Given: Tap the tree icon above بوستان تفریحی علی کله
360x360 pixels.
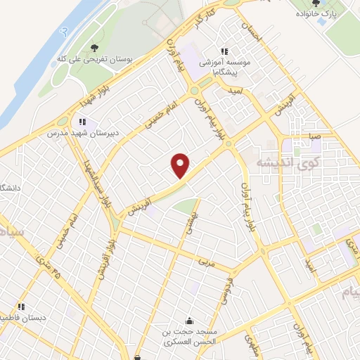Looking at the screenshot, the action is (x=94, y=48).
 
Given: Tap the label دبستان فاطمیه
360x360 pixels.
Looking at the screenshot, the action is (x=23, y=317).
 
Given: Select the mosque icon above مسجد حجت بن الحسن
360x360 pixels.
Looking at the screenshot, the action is (x=188, y=319).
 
